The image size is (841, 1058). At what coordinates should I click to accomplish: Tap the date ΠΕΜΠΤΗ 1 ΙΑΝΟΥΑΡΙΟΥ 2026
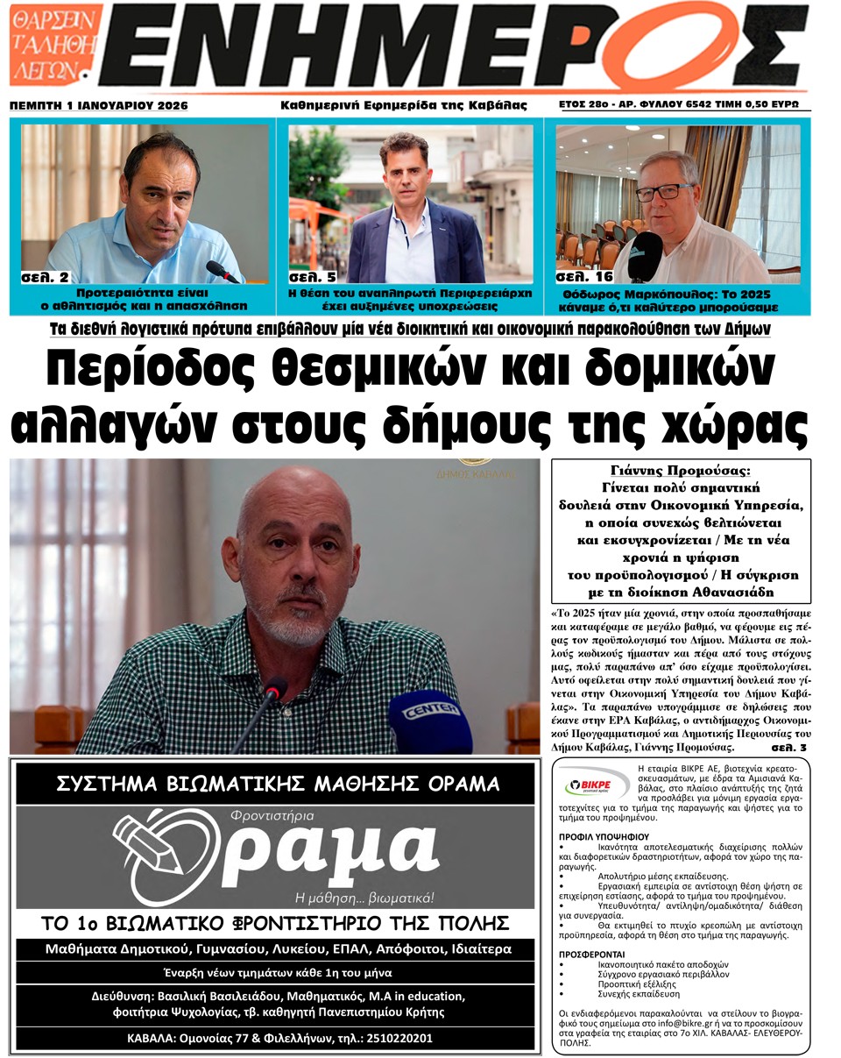tap(99, 106)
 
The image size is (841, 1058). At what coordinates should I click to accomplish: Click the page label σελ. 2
tap(45, 277)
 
